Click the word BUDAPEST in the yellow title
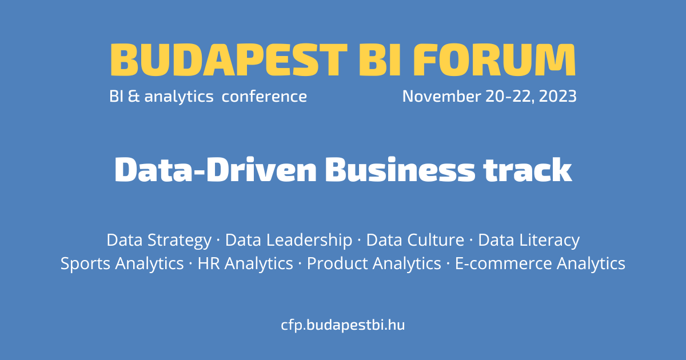pos(229,59)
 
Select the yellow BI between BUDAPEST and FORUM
pos(380,59)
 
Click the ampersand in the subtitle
pos(134,97)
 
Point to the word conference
pos(264,97)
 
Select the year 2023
pos(558,97)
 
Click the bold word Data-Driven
pos(216,170)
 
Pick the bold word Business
pos(400,170)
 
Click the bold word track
pos(528,170)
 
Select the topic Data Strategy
pos(159,241)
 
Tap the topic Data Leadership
pos(289,241)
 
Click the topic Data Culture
pos(415,239)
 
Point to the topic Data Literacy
pos(529,241)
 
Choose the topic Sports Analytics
pos(122,264)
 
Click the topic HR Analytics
pos(245,264)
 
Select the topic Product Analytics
pos(374,264)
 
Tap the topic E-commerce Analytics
pos(540,264)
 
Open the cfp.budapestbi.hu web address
pos(343,325)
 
